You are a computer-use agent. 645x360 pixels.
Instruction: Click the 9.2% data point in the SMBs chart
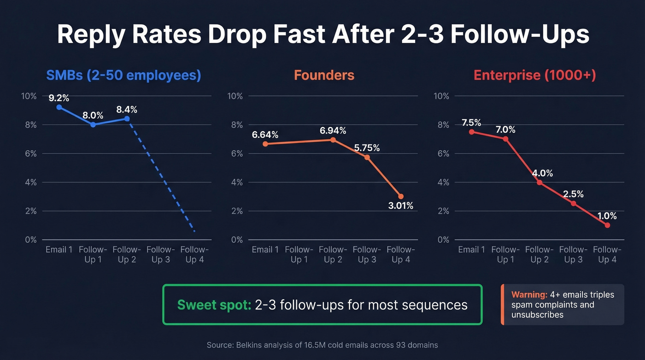point(59,107)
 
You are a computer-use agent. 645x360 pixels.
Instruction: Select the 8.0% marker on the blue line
point(93,124)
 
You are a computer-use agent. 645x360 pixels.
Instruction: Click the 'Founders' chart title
point(324,75)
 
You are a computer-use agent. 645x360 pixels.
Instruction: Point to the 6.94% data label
point(334,130)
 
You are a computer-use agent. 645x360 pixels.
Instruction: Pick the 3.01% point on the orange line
point(401,196)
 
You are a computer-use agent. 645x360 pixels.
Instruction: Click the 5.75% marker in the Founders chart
point(367,157)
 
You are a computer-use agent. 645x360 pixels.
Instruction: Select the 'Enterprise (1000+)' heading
point(534,75)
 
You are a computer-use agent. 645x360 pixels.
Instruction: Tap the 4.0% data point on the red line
point(539,182)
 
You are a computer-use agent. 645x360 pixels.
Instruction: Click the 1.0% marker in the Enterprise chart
point(607,225)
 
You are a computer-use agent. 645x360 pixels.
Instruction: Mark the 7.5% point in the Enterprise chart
point(471,132)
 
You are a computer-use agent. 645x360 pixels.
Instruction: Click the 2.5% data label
point(573,194)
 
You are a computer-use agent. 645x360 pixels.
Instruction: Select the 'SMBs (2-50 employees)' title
point(123,75)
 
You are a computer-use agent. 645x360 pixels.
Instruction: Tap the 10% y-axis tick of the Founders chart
point(235,96)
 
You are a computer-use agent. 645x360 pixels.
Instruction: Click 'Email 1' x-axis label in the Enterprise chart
point(471,250)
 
